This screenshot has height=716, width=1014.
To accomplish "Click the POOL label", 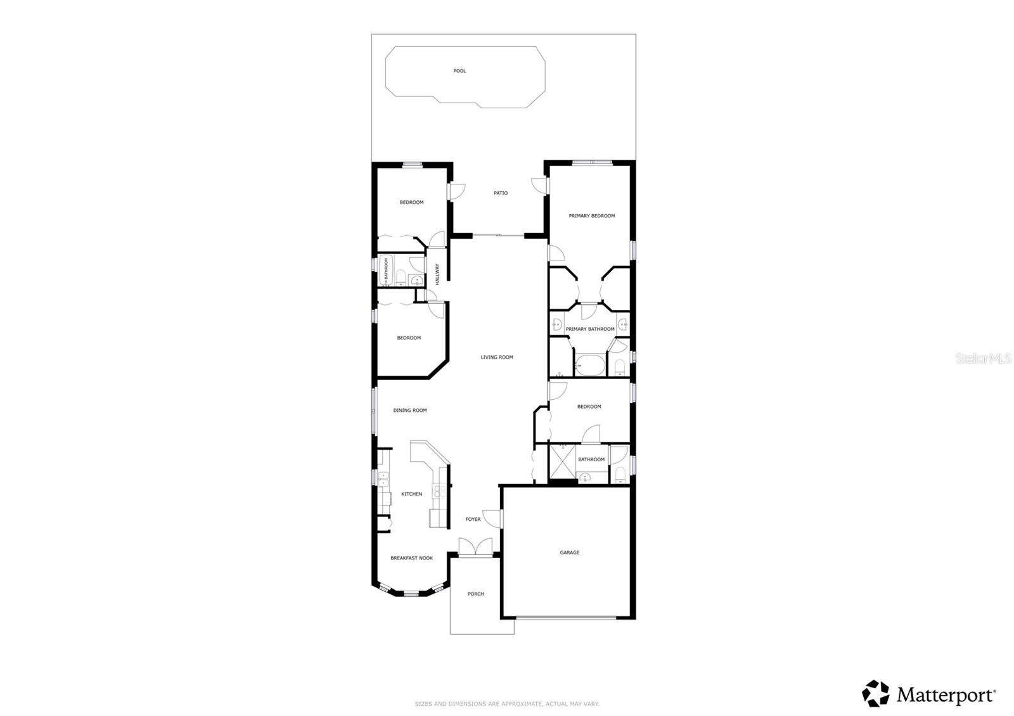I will tap(459, 71).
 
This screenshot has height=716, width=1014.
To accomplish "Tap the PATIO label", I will tap(501, 193).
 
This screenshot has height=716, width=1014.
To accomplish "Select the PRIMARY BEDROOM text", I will tap(591, 216).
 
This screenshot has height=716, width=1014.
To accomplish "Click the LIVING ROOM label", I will tap(496, 357).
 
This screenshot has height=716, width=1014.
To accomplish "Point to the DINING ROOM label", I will tap(410, 411).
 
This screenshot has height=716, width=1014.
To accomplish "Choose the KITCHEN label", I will tap(411, 494).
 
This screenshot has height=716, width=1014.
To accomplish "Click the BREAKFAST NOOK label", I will tap(411, 558).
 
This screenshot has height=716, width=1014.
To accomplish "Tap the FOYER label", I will tap(473, 520).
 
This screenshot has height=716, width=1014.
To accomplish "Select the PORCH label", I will tap(475, 594).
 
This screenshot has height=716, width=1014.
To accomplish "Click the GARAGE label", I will tap(569, 553).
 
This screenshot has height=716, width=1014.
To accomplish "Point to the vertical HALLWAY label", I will tap(437, 274).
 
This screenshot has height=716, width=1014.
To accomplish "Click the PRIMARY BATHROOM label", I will tap(589, 329).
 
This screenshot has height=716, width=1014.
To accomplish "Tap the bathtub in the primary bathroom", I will tap(590, 366).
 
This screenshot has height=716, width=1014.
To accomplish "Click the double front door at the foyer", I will tap(475, 547).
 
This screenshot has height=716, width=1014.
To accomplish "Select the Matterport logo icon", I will tap(876, 694).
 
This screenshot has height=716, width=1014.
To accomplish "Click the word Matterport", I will tap(946, 695).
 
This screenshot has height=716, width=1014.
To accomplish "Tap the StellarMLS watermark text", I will tap(983, 359).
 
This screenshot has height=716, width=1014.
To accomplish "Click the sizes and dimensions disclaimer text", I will tap(506, 704).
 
